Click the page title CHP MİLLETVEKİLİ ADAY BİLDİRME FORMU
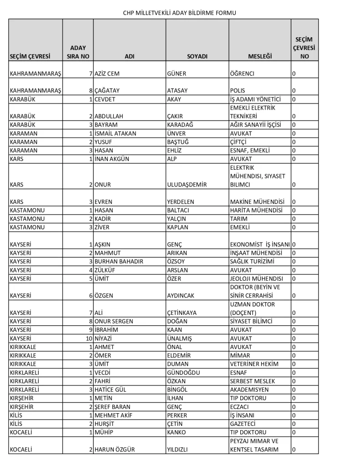click(180, 13)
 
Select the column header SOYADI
click(197, 56)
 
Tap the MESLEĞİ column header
click(259, 56)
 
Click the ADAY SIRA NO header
click(78, 52)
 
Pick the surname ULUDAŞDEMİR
click(187, 185)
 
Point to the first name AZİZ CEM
click(107, 74)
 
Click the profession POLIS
click(238, 91)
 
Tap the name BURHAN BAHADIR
click(119, 261)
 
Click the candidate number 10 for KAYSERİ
click(89, 338)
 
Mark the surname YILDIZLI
click(180, 450)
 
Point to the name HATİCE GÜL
click(111, 390)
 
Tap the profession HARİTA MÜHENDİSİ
click(256, 210)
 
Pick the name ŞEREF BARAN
click(112, 407)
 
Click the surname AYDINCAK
click(181, 295)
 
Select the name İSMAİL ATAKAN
click(115, 133)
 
